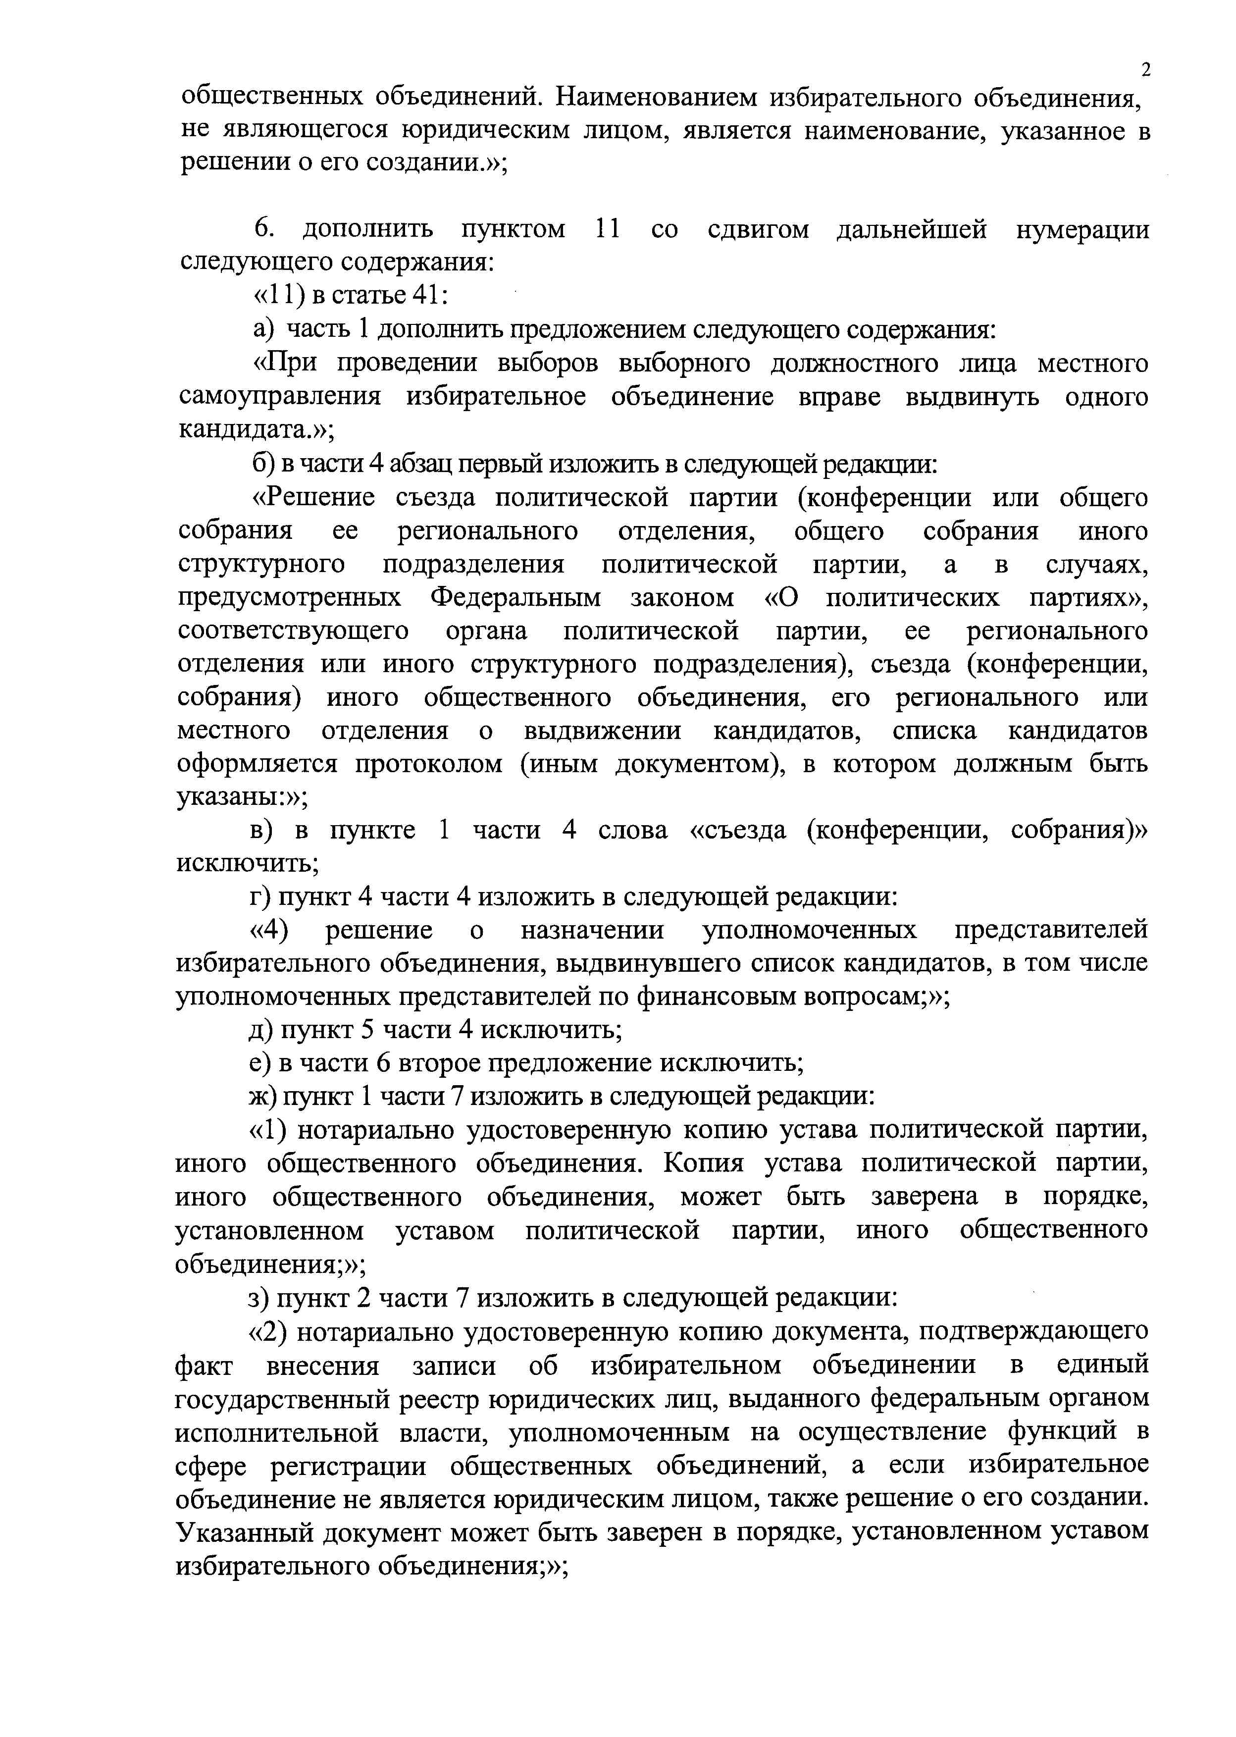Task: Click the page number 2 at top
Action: [1145, 70]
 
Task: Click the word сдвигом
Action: [758, 229]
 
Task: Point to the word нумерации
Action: [1082, 229]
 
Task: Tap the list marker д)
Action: [262, 1030]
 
